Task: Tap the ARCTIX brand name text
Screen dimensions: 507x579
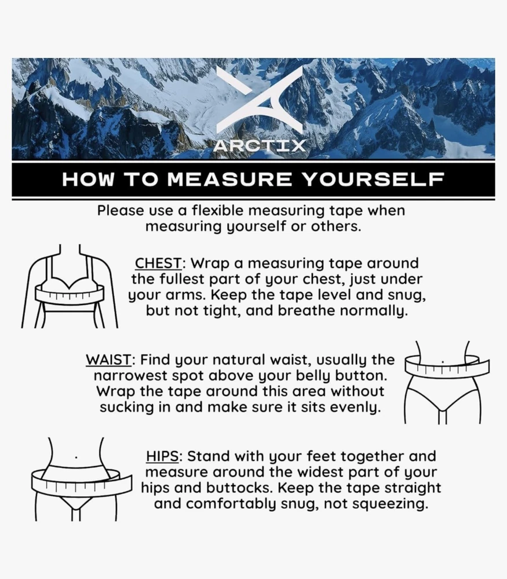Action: click(260, 146)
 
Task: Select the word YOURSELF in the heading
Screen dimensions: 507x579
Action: click(373, 179)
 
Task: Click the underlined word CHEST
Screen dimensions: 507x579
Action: click(158, 263)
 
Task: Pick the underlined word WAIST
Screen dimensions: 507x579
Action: click(108, 360)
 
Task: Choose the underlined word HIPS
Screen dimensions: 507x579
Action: click(163, 456)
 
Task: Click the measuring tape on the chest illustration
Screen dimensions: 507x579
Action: click(70, 294)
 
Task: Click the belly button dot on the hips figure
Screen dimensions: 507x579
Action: click(76, 457)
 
